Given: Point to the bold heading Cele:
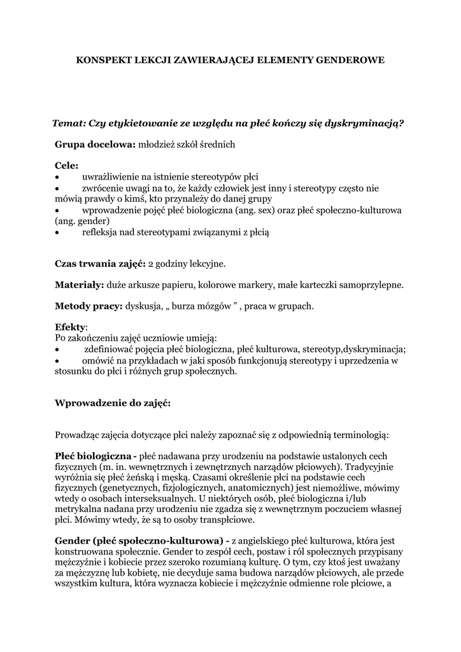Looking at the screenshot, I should [x=67, y=166].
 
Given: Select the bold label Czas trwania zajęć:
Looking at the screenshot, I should [x=100, y=263].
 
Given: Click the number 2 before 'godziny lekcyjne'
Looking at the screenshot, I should [x=150, y=263].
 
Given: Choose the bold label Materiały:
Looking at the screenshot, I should [x=80, y=285].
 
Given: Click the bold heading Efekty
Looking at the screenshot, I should [x=70, y=327].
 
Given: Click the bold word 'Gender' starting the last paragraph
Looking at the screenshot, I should [x=72, y=541].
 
